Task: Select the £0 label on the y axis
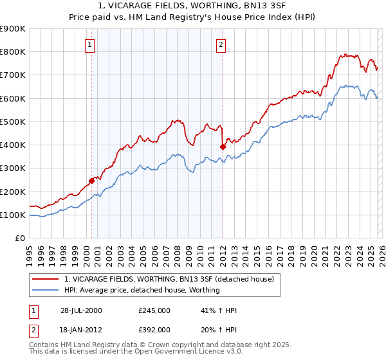coord(21,239)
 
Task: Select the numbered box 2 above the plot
coord(221,44)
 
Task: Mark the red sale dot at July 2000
coord(92,181)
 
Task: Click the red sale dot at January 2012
coord(223,147)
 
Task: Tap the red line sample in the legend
coord(46,279)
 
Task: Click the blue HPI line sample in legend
coord(46,290)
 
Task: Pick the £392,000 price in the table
coord(154,329)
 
